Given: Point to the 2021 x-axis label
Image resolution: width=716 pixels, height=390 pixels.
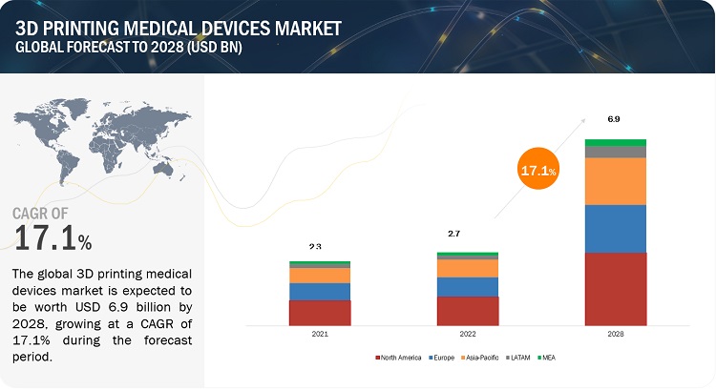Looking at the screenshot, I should coord(320,336).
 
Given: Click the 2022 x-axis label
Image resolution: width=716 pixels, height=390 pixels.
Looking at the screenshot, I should coord(467,336).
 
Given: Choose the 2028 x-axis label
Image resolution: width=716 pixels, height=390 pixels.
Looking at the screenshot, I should coord(616,336).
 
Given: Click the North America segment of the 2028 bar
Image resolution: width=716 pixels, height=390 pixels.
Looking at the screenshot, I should coord(616,289).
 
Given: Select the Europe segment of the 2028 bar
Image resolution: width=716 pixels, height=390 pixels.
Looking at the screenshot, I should coord(616,229).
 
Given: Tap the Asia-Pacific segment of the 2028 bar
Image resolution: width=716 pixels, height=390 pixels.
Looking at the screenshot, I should coord(616,181).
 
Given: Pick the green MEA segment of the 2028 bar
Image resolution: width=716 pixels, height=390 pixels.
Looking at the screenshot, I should coord(616,143).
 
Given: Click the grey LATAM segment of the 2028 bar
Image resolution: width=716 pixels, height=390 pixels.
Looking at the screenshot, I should coord(616,152).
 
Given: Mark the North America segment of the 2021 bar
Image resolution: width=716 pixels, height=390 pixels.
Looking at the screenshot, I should coord(320,313).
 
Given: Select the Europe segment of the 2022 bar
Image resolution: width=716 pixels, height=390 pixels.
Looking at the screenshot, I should coord(467,286).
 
